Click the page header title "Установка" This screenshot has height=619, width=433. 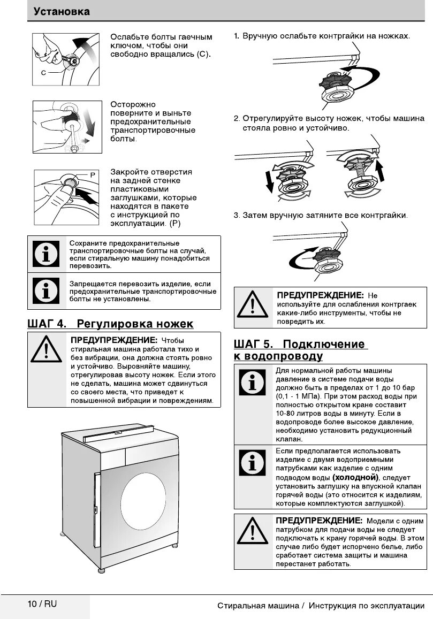coord(62,11)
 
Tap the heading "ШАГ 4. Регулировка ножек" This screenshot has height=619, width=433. coord(110,324)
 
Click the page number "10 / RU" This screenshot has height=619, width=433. coord(42,604)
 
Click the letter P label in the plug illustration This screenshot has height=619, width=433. coord(92,175)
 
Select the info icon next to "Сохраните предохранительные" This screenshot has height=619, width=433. coord(47,254)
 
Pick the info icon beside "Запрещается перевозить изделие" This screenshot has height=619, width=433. coord(47,292)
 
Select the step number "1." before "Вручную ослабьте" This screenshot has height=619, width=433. coord(237,36)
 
